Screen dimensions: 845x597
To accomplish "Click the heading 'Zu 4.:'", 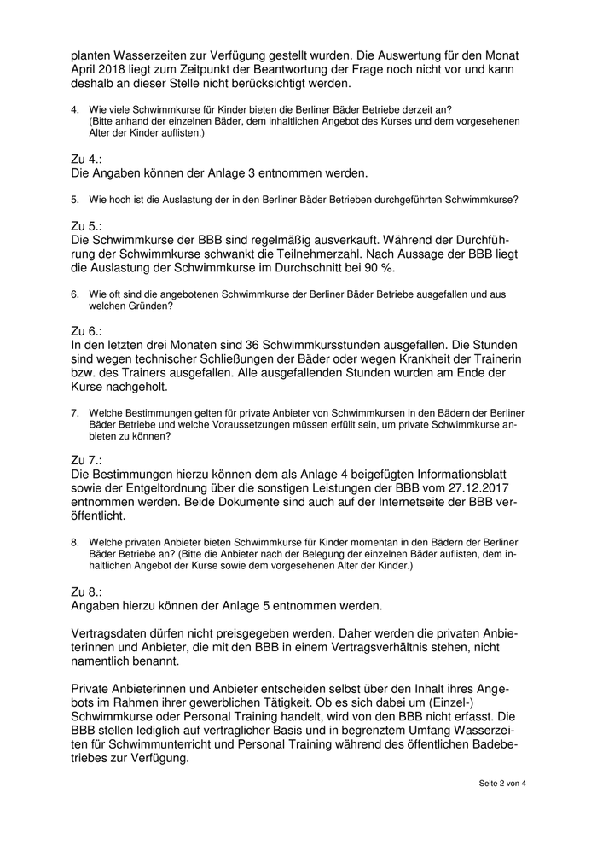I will [x=87, y=159].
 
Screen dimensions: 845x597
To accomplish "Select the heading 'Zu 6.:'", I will [x=87, y=330].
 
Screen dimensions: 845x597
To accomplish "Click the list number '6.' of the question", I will [x=75, y=294].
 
